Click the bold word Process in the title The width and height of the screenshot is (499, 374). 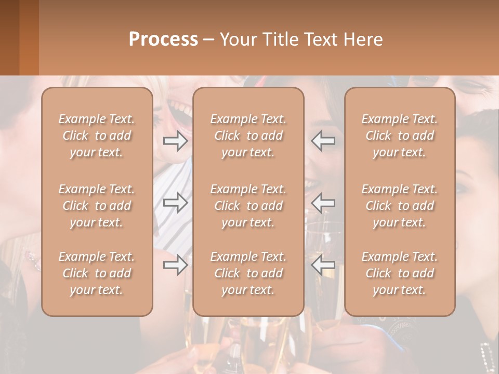tap(164, 39)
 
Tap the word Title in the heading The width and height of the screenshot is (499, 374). tap(279, 39)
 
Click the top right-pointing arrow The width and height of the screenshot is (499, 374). tap(175, 141)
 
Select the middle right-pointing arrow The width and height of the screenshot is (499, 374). tap(175, 203)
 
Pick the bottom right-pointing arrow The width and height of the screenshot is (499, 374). tap(175, 264)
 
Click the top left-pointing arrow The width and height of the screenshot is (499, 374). tap(323, 141)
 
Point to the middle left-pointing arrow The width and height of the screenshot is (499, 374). tap(323, 203)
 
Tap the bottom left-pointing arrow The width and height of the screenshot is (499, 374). tap(323, 264)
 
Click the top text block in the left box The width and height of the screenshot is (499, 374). tap(97, 136)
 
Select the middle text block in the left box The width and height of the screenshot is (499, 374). tap(97, 206)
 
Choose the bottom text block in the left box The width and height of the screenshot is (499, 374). tap(97, 273)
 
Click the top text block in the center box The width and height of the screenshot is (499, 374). tap(248, 136)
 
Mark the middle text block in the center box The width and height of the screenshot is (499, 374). tap(248, 206)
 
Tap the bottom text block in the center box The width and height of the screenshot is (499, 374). tap(248, 273)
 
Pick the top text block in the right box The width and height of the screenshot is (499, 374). tap(400, 136)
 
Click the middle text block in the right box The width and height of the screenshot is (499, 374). tap(400, 206)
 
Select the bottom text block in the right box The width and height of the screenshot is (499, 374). tap(400, 273)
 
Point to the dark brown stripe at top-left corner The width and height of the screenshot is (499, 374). tap(9, 37)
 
